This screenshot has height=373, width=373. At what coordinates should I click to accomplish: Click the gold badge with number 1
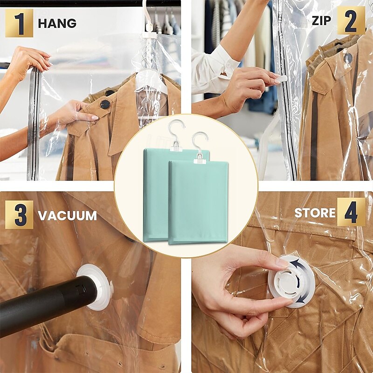pos(19,23)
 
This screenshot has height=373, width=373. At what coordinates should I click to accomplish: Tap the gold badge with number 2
pos(351,21)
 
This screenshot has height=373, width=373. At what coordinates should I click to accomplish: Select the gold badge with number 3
pos(19,214)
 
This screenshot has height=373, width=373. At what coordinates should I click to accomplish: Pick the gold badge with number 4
pos(351,212)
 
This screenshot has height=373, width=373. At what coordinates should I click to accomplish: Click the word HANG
pos(57,23)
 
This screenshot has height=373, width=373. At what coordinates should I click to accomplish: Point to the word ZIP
pos(321,21)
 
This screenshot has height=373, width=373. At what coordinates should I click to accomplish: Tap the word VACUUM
pos(67,215)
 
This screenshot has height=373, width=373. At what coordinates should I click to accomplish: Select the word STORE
pos(315,213)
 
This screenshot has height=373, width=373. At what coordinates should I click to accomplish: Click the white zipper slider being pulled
pos(282,78)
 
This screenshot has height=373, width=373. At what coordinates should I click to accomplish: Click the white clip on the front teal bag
pos(200,160)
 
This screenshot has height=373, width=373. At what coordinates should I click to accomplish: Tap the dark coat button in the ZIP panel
pos(348,58)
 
